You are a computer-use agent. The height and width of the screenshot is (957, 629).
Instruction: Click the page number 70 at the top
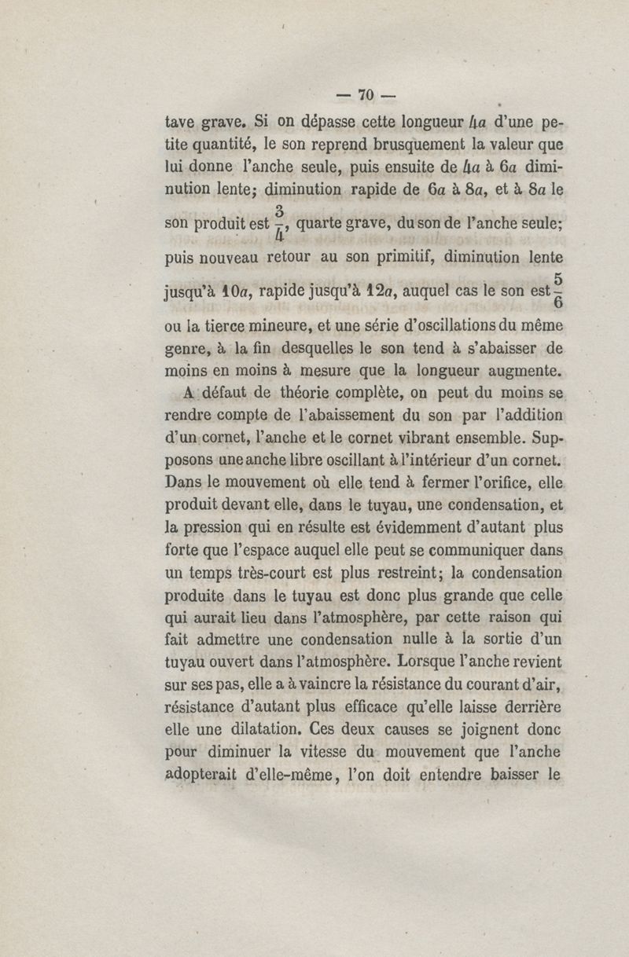pyautogui.click(x=364, y=96)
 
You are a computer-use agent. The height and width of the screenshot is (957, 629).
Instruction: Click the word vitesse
pyautogui.click(x=326, y=752)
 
